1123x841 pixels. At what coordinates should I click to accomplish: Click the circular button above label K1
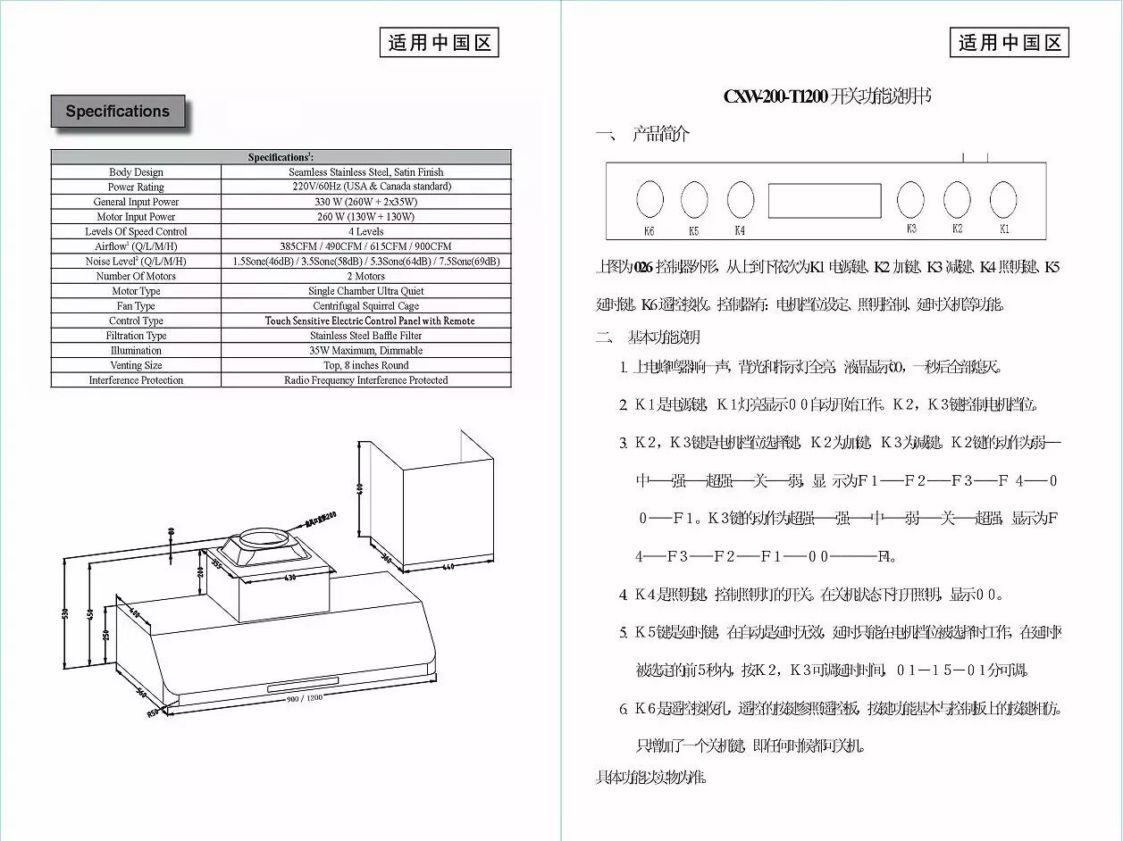coord(1003,199)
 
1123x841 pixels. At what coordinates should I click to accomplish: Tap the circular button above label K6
coord(649,199)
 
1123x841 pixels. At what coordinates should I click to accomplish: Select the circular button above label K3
coord(910,199)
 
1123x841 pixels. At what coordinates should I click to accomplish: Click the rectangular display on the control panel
coord(825,200)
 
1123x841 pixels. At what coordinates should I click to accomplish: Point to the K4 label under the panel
coord(740,230)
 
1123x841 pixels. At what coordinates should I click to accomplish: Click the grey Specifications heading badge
coord(118,112)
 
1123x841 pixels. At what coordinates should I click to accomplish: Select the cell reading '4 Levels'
coord(365,231)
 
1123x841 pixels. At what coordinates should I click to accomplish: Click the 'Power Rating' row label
coord(136,187)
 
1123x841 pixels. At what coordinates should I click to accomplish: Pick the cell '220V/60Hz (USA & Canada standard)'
coord(365,187)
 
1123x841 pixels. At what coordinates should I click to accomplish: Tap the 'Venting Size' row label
coord(136,365)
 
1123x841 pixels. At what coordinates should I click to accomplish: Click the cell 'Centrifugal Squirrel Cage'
coord(365,306)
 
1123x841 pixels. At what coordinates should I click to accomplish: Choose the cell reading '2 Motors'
coord(365,276)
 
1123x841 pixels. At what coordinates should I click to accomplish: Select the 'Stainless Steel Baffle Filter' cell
coord(365,336)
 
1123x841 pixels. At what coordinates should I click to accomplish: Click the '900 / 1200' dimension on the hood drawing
coord(304,697)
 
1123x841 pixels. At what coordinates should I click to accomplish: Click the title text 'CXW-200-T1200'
coord(775,96)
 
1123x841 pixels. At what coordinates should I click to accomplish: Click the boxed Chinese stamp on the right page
coord(1010,43)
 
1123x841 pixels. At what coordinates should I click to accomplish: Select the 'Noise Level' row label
coord(136,262)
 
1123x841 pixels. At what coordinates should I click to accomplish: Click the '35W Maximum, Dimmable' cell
coord(365,351)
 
